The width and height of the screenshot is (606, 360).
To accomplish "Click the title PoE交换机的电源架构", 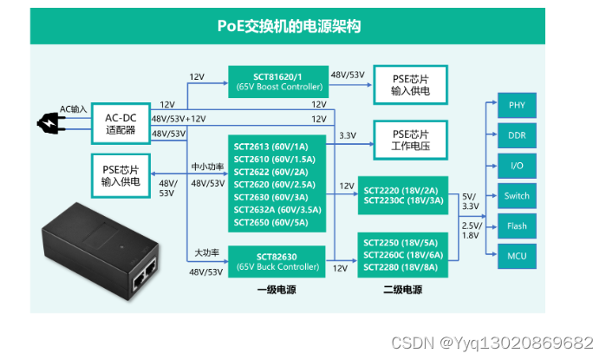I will [x=288, y=26].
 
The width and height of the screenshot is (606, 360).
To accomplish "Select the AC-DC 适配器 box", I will [x=121, y=123].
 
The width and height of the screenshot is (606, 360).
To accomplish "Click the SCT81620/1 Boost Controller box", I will [x=277, y=82].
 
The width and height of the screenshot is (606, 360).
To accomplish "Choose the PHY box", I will [x=517, y=105].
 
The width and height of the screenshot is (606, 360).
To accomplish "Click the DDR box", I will [x=517, y=135].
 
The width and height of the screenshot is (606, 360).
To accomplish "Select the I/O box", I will [x=517, y=166].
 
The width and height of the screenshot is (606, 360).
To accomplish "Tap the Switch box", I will [x=517, y=196].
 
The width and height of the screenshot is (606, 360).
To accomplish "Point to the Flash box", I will [x=517, y=226].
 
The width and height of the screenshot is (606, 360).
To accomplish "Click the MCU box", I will [x=517, y=256].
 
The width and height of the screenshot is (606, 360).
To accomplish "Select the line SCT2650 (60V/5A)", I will [x=277, y=222].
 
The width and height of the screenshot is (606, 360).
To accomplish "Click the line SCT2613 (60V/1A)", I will [x=277, y=140].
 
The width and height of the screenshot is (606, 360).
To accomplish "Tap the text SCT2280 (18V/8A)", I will [x=403, y=266].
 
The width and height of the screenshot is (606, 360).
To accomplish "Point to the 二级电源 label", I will [x=404, y=290].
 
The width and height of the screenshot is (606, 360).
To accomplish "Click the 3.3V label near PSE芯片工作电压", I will [x=347, y=135].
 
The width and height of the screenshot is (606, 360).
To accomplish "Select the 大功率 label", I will [x=207, y=252].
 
